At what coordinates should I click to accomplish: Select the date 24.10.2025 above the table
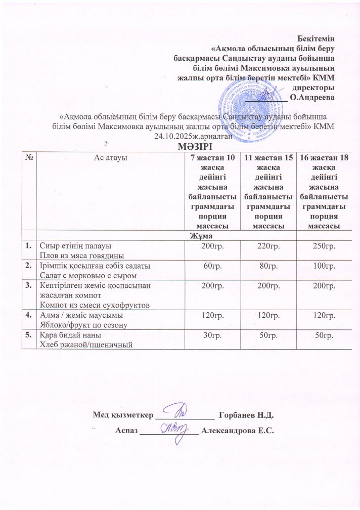pyautogui.click(x=172, y=136)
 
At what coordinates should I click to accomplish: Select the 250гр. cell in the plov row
pyautogui.click(x=322, y=245)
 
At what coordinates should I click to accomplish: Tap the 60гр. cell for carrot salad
pyautogui.click(x=209, y=266)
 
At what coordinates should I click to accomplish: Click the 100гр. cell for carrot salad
pyautogui.click(x=322, y=266)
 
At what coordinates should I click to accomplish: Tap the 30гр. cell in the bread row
pyautogui.click(x=209, y=336)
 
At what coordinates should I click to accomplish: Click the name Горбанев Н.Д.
pyautogui.click(x=246, y=416)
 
